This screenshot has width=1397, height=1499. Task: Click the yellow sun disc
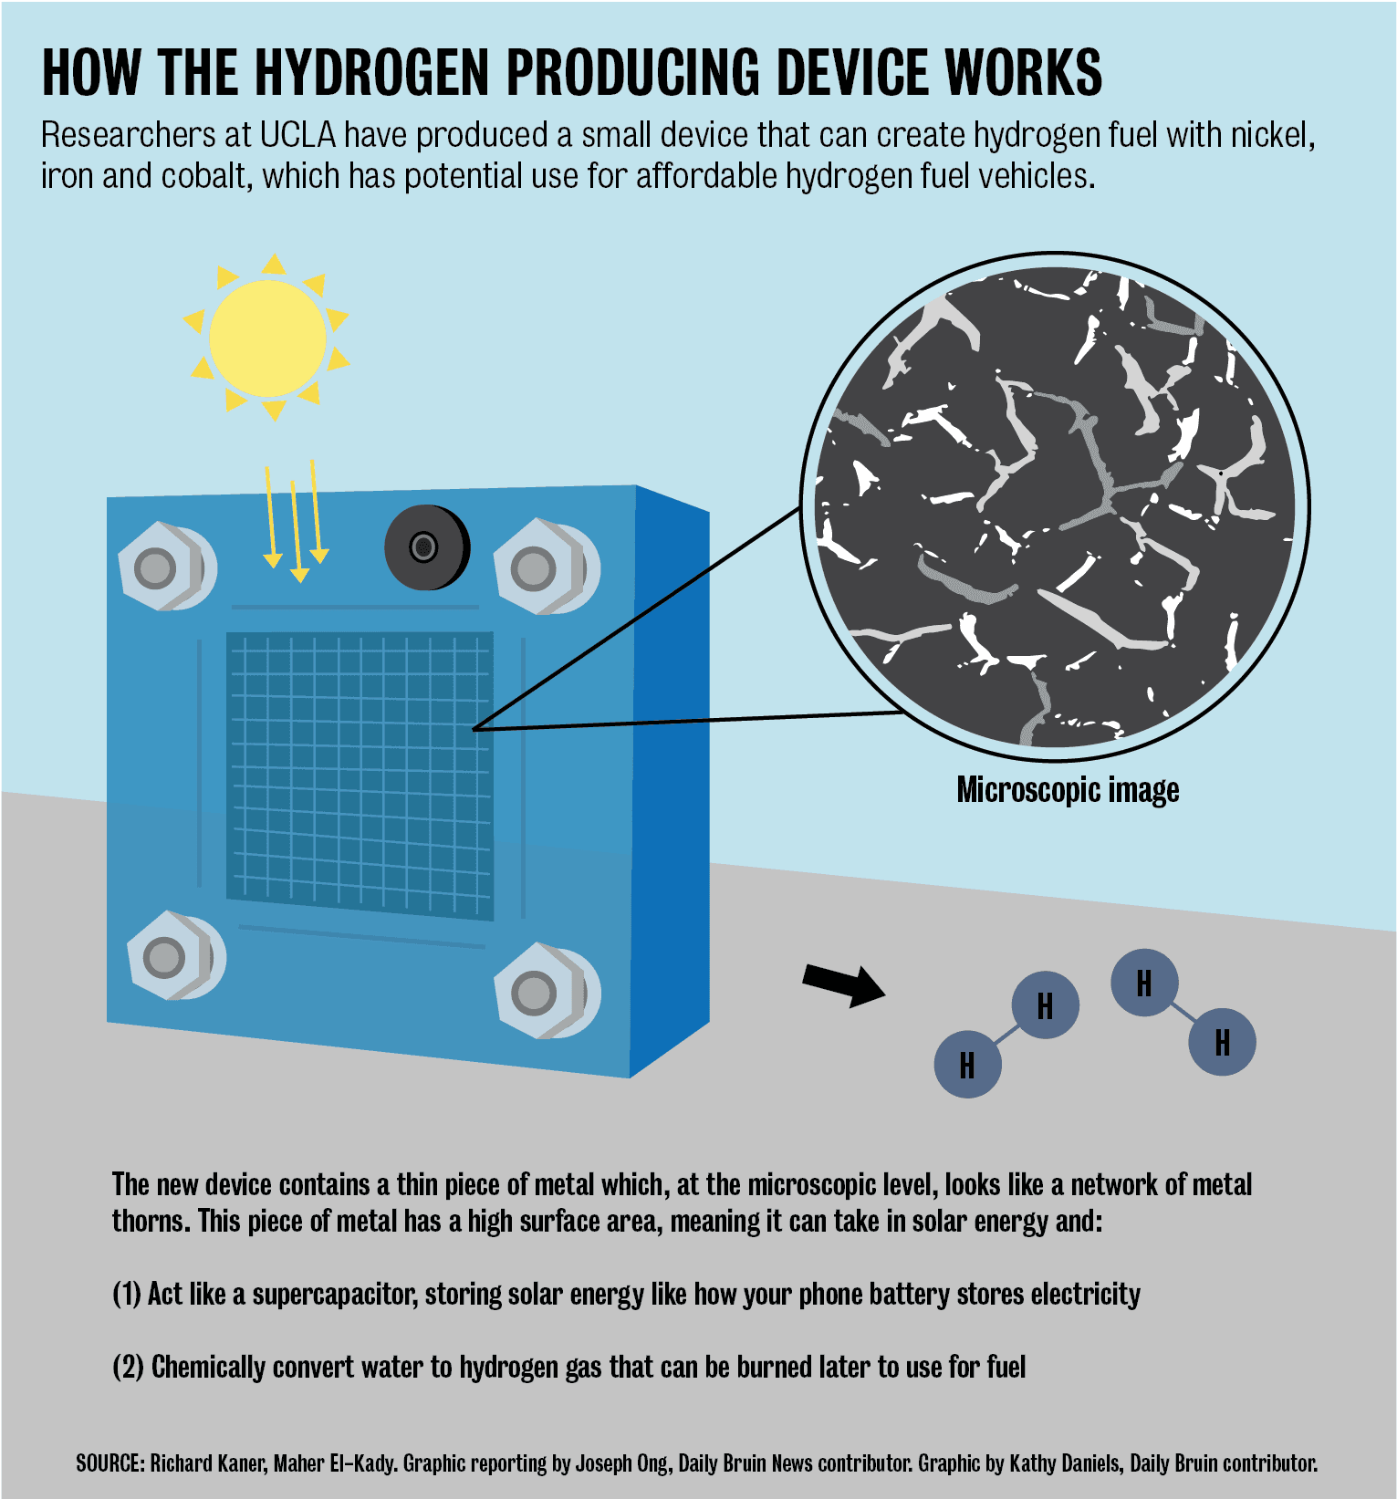point(267,338)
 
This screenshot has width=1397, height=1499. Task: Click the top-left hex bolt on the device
point(167,567)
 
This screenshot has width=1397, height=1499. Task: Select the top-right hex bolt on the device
point(546,567)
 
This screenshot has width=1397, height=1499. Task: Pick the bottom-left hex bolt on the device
point(176,955)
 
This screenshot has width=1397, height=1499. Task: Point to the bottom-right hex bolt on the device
point(547,992)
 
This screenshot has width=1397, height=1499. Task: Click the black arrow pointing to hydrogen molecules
point(843,984)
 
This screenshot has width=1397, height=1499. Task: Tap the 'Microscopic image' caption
point(1068,789)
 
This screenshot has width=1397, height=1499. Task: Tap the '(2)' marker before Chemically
point(128,1368)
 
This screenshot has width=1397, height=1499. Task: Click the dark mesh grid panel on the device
point(360,776)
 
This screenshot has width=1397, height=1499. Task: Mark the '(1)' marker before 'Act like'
point(127,1295)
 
